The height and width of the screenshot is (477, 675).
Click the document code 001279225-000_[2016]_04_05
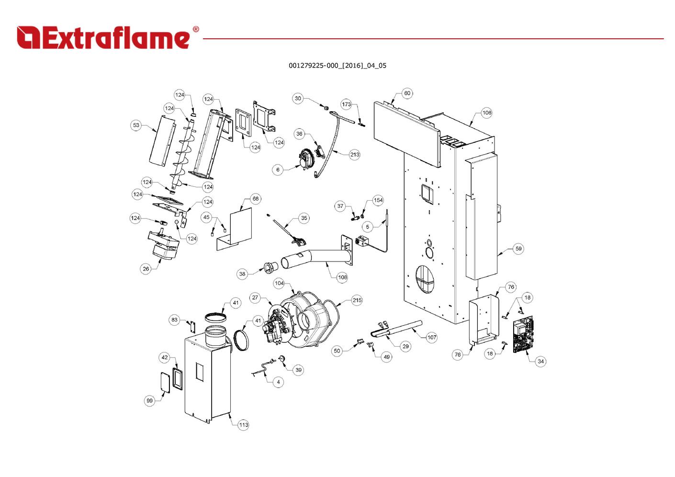click(337, 66)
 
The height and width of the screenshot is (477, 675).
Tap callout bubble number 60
click(407, 93)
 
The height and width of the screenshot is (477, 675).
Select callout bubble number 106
click(486, 113)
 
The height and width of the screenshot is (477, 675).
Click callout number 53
click(136, 125)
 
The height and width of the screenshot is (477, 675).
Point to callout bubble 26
click(146, 269)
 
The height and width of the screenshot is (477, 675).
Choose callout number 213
click(354, 155)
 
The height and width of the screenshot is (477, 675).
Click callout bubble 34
click(540, 361)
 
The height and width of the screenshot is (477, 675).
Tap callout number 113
click(243, 425)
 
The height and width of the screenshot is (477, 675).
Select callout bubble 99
click(150, 400)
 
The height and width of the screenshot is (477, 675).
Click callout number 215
click(357, 300)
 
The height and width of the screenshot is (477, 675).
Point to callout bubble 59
click(518, 249)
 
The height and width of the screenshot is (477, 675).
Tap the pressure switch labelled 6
click(304, 159)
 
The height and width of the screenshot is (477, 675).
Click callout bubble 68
click(256, 199)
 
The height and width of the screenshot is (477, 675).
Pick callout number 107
click(432, 337)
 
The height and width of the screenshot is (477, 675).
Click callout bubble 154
click(378, 200)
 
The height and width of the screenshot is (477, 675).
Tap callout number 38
click(242, 274)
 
